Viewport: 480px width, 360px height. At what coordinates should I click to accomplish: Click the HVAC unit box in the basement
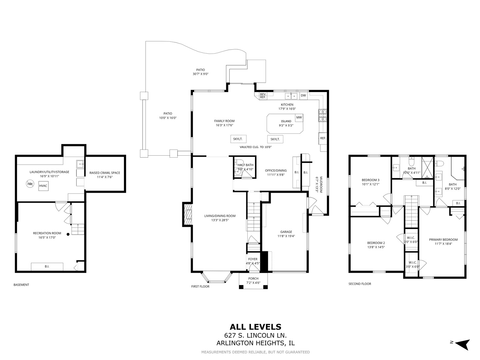pos(43,186)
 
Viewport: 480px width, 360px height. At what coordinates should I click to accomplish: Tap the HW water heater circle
pos(30,184)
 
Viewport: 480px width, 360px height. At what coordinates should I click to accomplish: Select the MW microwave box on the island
pos(299,117)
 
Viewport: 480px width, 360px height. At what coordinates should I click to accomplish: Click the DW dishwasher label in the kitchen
pos(303,96)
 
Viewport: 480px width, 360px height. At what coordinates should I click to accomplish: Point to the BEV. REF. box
pos(263,96)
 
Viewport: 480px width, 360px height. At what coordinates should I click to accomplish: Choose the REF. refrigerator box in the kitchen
pos(323,138)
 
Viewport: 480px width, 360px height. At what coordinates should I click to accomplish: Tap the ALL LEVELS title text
pos(255,327)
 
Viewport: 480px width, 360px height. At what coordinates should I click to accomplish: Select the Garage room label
pos(286,232)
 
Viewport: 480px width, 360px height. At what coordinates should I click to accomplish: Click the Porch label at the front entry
pos(253,279)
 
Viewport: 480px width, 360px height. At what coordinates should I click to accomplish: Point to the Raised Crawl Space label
pos(105,173)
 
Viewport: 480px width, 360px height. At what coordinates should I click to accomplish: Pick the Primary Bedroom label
pos(443,240)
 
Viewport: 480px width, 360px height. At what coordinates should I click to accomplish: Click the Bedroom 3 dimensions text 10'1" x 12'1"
pos(371,184)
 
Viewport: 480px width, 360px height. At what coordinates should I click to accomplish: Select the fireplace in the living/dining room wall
pos(188,216)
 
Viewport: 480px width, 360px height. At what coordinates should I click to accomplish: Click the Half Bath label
pos(245,165)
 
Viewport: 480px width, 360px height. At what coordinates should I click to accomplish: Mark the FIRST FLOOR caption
pos(200,286)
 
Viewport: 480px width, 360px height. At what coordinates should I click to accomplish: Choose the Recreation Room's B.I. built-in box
pos(47,266)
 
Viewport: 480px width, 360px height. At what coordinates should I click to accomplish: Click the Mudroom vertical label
pos(321,185)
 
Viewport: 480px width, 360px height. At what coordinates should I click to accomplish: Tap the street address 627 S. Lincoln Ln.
pos(255,335)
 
